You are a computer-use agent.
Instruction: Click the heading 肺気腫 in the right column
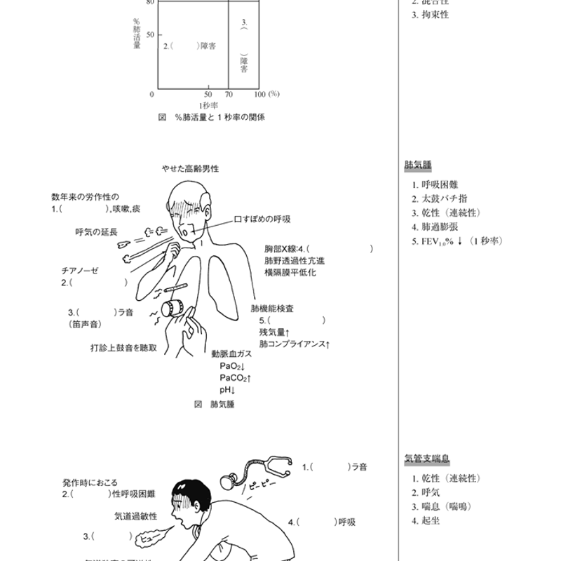coord(418,165)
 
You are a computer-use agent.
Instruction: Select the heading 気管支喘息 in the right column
coord(427,459)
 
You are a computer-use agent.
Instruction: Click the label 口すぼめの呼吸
coord(263,219)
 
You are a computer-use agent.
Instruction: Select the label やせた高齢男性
coord(190,169)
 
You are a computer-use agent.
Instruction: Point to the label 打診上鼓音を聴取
coord(123,347)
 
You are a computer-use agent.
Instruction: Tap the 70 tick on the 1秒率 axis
coord(229,94)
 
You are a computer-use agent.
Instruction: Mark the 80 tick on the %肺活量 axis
coord(151,1)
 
